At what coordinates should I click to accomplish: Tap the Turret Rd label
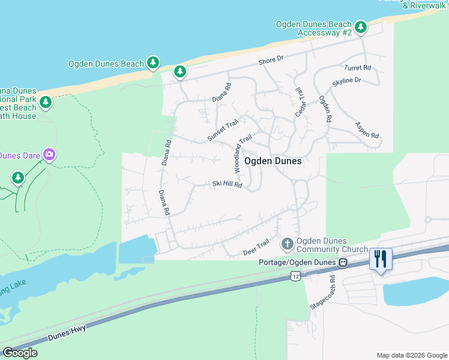point(357,68)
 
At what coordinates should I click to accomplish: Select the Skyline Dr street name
point(346,80)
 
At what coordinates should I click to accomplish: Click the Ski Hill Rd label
point(227,185)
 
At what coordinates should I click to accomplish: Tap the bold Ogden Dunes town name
point(273,161)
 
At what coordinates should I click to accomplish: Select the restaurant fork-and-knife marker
point(381,259)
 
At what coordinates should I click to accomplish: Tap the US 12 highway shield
point(294,275)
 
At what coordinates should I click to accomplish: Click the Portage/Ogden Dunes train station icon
point(343,262)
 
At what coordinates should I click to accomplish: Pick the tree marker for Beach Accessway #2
point(361,27)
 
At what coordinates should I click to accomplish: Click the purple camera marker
point(49,155)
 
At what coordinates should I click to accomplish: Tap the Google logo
point(20,353)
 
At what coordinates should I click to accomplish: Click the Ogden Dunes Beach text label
point(106,64)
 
